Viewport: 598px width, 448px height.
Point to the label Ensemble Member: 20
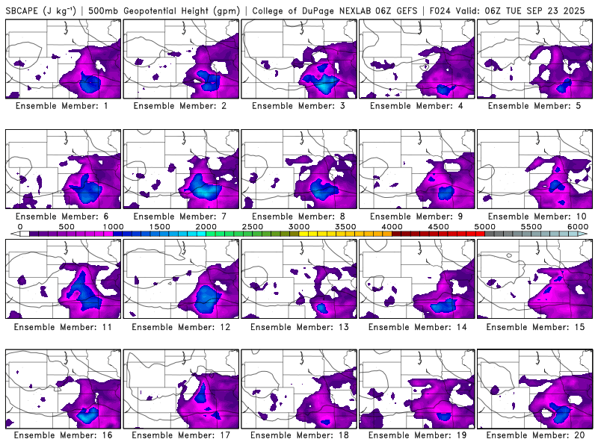[x=536, y=435]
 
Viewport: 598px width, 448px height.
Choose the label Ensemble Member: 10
[x=536, y=217]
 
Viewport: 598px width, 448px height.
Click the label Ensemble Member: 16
[x=64, y=435]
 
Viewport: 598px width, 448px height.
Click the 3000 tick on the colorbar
[x=299, y=226]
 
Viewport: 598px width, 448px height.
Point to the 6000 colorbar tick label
[x=577, y=226]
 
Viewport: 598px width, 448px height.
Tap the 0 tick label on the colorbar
[x=20, y=226]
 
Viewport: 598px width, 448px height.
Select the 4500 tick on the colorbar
[x=438, y=226]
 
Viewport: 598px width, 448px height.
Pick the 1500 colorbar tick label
[x=159, y=226]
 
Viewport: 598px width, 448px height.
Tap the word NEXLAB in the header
[x=354, y=10]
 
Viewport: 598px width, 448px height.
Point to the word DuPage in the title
[x=316, y=10]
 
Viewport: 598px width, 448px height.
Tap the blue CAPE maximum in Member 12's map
[x=207, y=297]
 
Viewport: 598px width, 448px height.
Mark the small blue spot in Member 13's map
[x=322, y=307]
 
